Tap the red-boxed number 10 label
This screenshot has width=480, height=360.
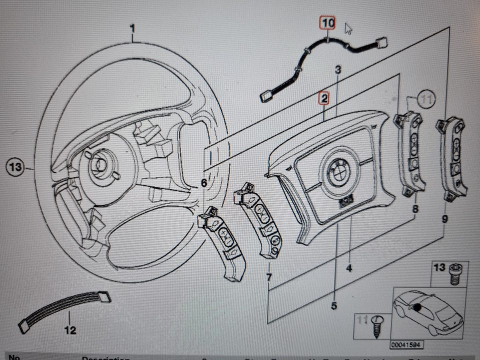327,23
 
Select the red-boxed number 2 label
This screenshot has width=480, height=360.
324,99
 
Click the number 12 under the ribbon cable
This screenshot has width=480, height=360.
70,330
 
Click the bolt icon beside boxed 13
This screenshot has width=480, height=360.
455,274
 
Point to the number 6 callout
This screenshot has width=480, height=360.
203,183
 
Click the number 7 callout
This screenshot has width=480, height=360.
269,276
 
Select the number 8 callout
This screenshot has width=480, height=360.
414,210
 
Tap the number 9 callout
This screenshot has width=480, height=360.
445,218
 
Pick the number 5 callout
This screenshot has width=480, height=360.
333,305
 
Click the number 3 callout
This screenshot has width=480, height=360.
338,70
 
